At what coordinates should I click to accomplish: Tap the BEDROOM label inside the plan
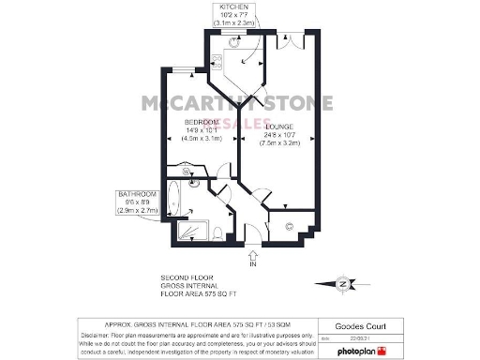201,122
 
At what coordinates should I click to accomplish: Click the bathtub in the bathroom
177,201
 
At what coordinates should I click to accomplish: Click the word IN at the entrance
252,265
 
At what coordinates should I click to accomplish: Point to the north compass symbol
345,283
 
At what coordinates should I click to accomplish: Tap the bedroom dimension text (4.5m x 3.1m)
202,139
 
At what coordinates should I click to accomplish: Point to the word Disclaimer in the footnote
98,334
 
